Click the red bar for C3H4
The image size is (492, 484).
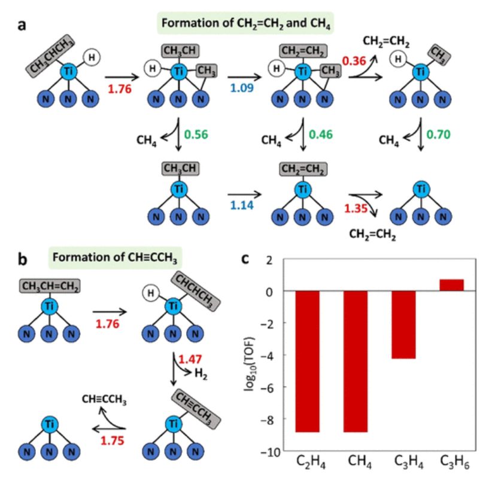point(403,324)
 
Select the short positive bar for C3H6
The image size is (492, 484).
point(451,285)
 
